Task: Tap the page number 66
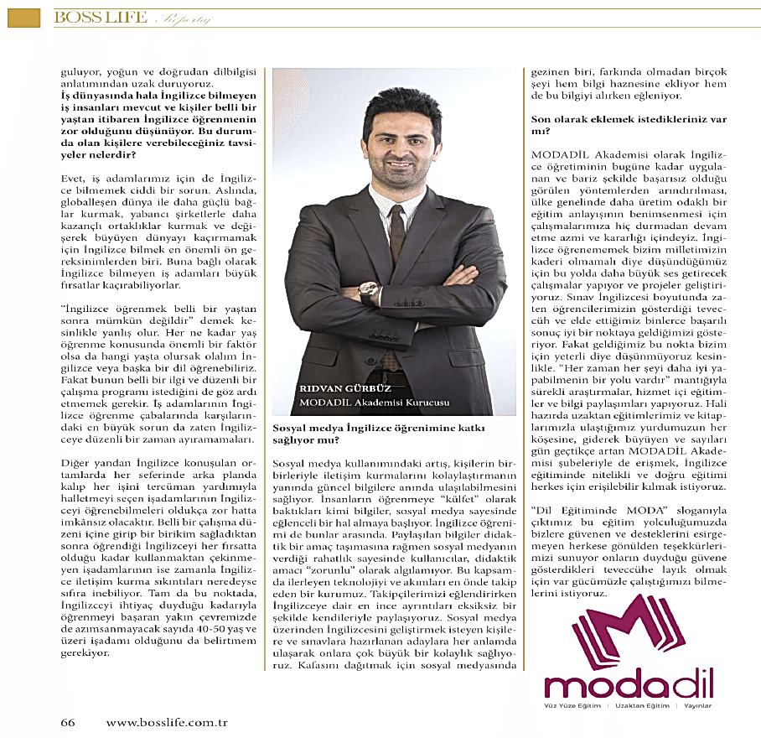[x=68, y=722]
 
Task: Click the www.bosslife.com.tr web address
[x=167, y=722]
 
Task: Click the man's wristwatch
[x=367, y=291]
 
